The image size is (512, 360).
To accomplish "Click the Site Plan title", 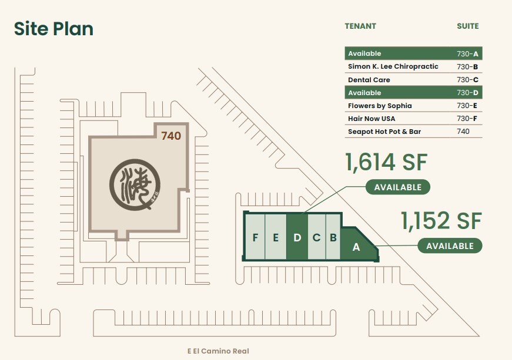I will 53,29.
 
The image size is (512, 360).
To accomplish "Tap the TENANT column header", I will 360,26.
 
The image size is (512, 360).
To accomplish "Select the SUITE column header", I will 467,26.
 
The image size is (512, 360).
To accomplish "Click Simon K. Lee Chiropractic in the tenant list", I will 393,66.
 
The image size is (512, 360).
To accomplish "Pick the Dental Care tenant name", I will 369,80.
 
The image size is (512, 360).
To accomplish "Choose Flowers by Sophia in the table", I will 380,106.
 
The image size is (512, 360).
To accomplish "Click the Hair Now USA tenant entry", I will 372,119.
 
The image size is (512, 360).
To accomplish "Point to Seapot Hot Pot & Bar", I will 384,132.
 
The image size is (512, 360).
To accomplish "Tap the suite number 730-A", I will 467,53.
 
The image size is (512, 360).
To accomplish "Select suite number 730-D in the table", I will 467,93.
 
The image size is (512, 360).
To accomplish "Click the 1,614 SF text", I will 386,163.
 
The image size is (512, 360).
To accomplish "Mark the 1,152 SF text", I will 441,221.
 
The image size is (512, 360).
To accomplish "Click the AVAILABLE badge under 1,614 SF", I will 398,187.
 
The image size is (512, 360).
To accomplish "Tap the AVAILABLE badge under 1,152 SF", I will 450,245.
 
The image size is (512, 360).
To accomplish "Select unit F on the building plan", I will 255,238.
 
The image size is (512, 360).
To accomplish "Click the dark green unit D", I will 297,238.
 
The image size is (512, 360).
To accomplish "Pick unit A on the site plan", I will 356,247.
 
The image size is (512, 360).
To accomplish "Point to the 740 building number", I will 171,136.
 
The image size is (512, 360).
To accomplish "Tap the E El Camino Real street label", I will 218,351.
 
